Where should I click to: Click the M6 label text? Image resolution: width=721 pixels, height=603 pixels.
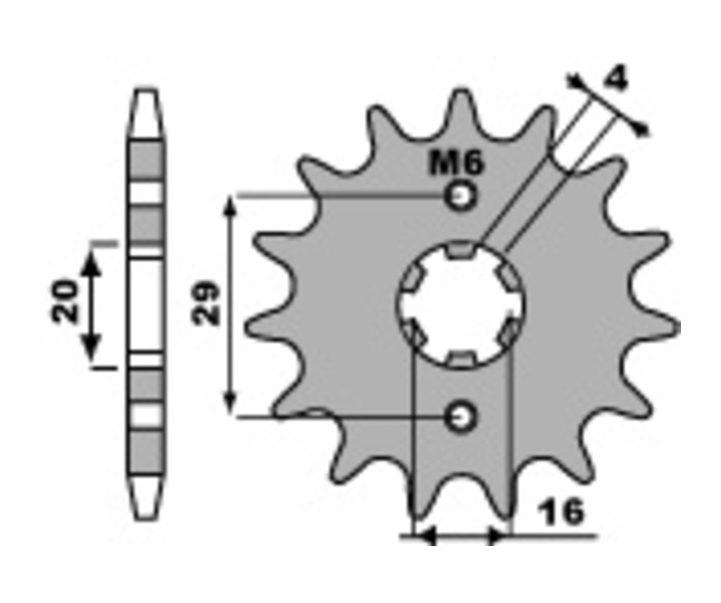click(x=456, y=163)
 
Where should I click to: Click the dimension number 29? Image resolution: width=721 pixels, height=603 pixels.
click(x=206, y=303)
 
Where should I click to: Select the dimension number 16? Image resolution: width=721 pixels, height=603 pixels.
click(x=562, y=512)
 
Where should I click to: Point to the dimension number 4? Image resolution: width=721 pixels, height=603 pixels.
click(x=616, y=79)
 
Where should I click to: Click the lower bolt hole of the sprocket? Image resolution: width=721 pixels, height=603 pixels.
click(x=460, y=418)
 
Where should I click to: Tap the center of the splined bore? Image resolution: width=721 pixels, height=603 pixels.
click(x=461, y=304)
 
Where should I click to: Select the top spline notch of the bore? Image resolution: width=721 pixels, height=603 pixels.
click(x=461, y=250)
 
